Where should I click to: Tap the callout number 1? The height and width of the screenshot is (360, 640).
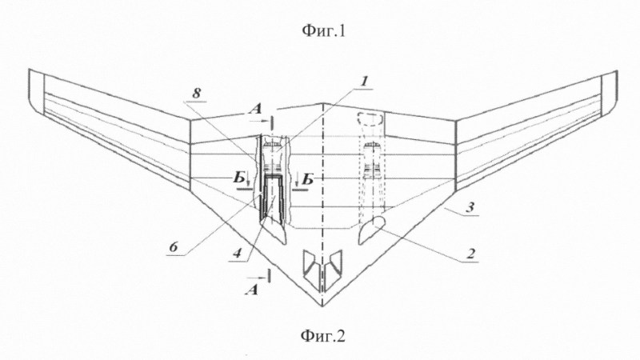tap(364, 82)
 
